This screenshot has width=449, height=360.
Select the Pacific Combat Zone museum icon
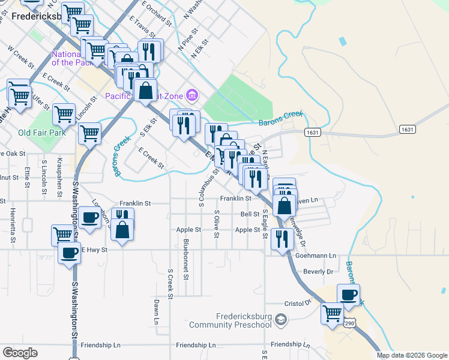tap(192, 95)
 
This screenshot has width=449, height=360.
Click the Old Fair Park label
tap(41, 133)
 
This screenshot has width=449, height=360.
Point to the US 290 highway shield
tap(349, 323)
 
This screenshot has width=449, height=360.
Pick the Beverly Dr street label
tap(318, 272)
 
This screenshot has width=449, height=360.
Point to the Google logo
tap(20, 353)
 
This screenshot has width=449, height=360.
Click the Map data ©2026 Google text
tap(411, 355)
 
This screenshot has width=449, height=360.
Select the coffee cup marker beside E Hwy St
tap(69, 253)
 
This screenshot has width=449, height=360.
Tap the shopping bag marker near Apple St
tap(122, 230)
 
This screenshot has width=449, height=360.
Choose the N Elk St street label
tap(200, 49)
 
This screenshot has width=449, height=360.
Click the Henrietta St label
tap(13, 222)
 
